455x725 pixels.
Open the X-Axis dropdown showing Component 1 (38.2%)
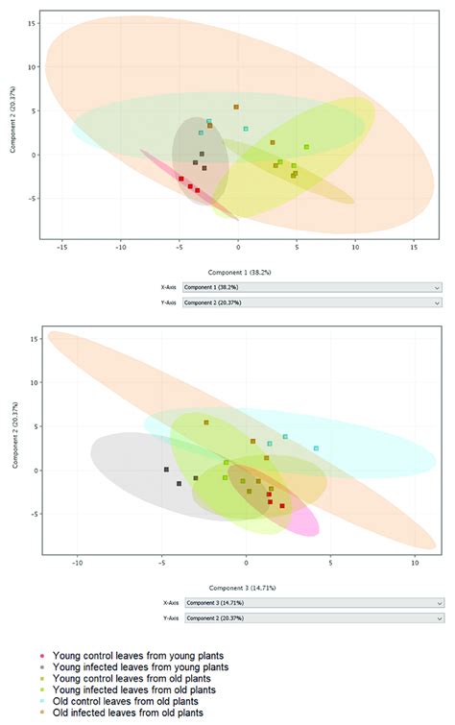click(311, 287)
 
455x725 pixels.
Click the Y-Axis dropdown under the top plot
click(311, 302)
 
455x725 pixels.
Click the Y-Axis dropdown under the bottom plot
click(311, 619)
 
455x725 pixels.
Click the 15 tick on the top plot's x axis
click(414, 248)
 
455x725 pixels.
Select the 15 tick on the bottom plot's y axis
click(33, 338)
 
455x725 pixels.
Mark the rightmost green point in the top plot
click(306, 147)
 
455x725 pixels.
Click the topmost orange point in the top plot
click(236, 108)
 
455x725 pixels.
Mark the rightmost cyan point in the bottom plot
click(316, 448)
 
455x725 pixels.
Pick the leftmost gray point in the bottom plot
click(166, 470)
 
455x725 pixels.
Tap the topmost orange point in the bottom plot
click(205, 423)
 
